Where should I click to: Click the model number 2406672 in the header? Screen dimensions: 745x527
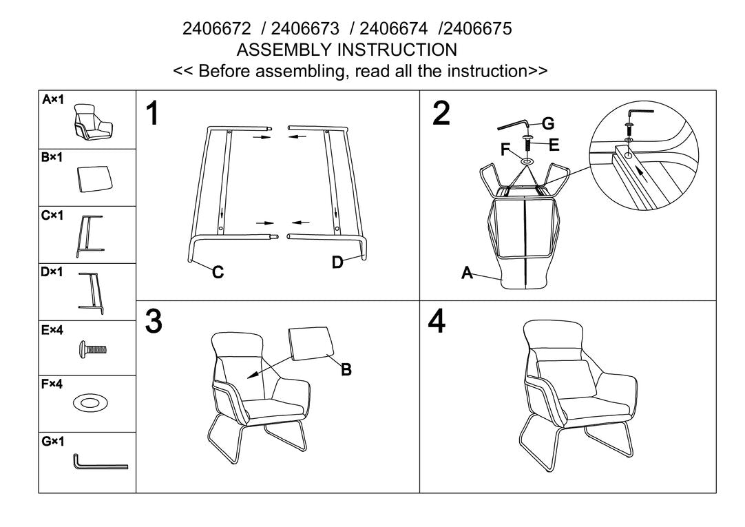(x=216, y=29)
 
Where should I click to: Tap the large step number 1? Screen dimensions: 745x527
(x=153, y=114)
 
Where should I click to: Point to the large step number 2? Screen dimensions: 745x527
(x=441, y=114)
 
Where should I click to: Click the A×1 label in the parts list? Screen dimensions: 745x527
(x=52, y=100)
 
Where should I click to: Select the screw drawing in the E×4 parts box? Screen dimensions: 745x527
(x=92, y=350)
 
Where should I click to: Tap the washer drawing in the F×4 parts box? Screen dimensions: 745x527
(x=90, y=403)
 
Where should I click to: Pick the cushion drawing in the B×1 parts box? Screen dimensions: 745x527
(x=94, y=179)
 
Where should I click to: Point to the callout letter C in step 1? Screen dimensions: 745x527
(x=218, y=272)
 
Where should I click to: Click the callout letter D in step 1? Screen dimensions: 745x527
(x=337, y=262)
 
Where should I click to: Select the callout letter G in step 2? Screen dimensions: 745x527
(x=548, y=123)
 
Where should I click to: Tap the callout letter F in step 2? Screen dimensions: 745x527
(x=505, y=149)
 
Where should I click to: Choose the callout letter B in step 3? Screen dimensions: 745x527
(x=346, y=369)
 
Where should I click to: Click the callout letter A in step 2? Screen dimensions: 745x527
(x=467, y=273)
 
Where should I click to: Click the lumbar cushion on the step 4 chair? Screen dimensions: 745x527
(x=567, y=378)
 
